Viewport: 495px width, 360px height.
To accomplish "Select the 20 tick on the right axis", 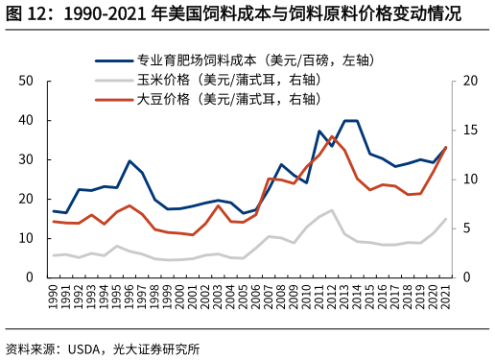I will pos(470,82).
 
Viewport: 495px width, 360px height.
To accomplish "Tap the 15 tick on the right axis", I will pos(470,131).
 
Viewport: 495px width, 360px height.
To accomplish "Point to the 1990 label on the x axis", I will pos(54,296).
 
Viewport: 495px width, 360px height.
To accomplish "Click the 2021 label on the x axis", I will pos(446,296).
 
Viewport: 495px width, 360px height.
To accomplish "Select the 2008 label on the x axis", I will pos(281,296).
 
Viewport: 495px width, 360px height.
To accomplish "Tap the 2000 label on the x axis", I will pos(180,296).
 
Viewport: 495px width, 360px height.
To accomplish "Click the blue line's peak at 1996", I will pos(130,161).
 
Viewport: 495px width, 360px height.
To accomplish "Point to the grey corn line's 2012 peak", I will pos(332,210).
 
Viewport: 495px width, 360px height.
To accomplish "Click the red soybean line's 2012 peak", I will pos(332,137).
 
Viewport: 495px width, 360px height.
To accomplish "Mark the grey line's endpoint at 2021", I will pos(446,219).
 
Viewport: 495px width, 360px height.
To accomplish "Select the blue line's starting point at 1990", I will pos(54,211).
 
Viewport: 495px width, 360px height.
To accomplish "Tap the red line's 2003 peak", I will pos(218,205).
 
